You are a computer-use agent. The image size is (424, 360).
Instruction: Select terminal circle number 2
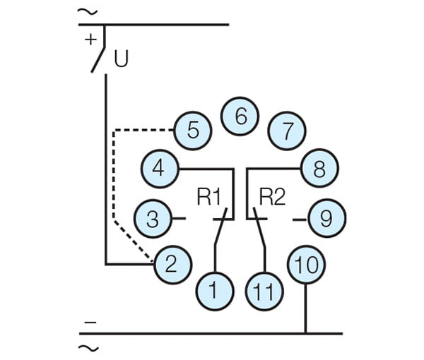click(x=172, y=263)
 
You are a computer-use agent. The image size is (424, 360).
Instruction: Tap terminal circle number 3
click(x=153, y=219)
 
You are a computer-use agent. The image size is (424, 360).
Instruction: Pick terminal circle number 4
click(x=160, y=168)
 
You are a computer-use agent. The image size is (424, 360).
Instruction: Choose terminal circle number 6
click(x=240, y=116)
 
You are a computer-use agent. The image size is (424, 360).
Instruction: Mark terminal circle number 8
click(x=319, y=169)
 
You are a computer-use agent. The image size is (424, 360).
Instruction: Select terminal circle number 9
click(x=326, y=218)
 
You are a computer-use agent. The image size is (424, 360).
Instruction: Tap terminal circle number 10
click(x=306, y=265)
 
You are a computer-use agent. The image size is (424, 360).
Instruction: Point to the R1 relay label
click(x=210, y=197)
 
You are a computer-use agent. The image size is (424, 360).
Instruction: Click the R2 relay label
click(x=271, y=197)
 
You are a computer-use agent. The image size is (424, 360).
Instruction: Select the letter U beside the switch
click(x=122, y=59)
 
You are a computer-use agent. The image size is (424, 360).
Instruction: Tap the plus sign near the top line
click(x=90, y=40)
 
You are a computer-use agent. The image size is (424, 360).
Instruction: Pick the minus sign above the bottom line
click(x=90, y=322)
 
